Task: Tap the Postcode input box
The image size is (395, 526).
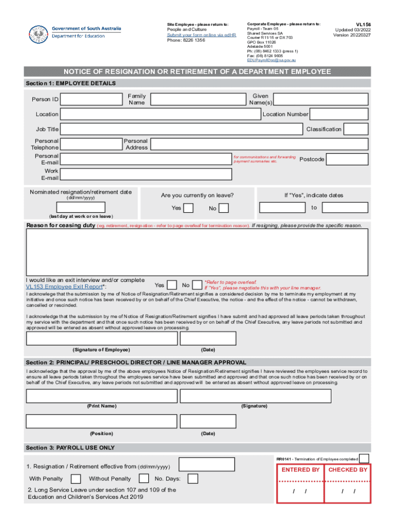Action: pos(347,159)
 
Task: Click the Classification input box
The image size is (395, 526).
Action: pos(356,129)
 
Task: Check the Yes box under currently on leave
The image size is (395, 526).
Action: pos(188,208)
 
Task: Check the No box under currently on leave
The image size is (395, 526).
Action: pos(224,208)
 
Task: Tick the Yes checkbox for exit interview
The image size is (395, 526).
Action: pos(173,285)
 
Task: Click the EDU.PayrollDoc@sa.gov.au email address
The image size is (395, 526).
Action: pos(271,60)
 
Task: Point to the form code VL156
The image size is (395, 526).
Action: pos(357,24)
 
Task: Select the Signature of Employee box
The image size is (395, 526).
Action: pos(102,339)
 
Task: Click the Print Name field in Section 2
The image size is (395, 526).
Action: pos(102,397)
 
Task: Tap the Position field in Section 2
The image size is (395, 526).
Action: pos(102,422)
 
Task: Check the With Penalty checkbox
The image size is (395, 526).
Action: pos(75,479)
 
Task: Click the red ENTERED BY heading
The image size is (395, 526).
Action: pos(301,469)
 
